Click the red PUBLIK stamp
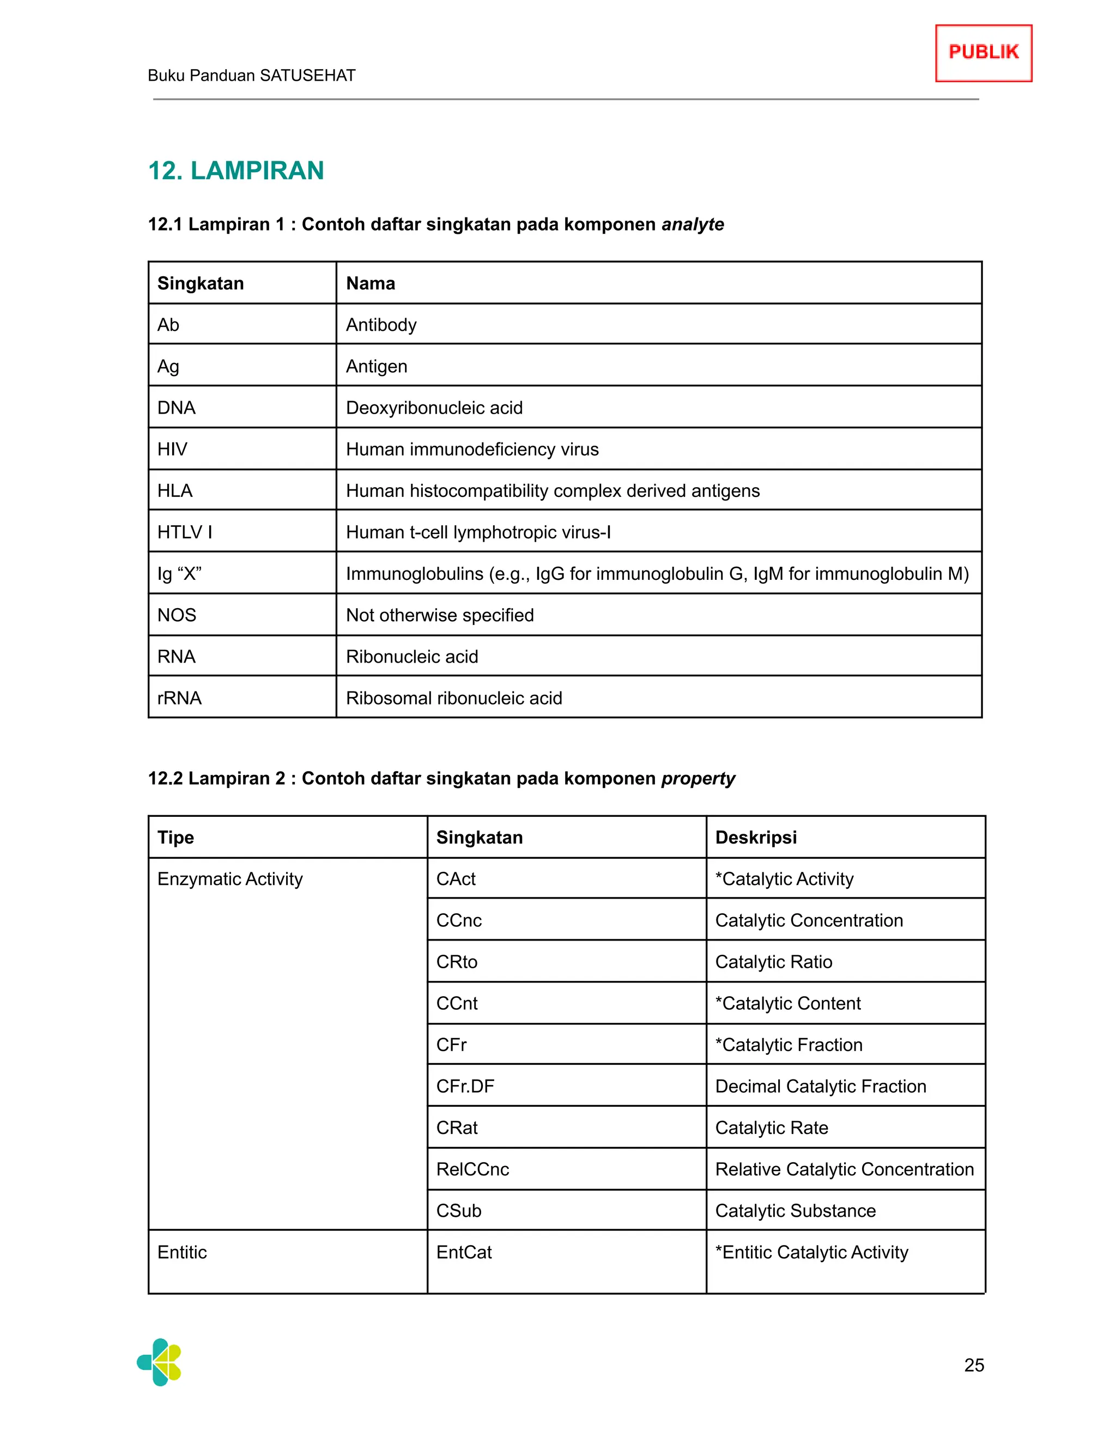[x=983, y=53]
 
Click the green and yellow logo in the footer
[x=159, y=1362]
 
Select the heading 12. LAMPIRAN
[x=236, y=171]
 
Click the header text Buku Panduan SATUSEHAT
[x=251, y=75]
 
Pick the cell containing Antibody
[x=381, y=325]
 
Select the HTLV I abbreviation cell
[x=185, y=532]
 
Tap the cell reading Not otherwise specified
[x=440, y=615]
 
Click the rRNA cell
[x=180, y=698]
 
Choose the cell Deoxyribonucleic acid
[x=434, y=408]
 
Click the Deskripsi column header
[x=756, y=837]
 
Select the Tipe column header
[x=176, y=837]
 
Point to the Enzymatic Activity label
[x=230, y=879]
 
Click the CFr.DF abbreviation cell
[x=465, y=1087]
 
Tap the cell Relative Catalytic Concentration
[x=844, y=1169]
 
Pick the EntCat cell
[x=464, y=1252]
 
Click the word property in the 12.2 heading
[x=697, y=778]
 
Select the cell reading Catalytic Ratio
[x=774, y=962]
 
